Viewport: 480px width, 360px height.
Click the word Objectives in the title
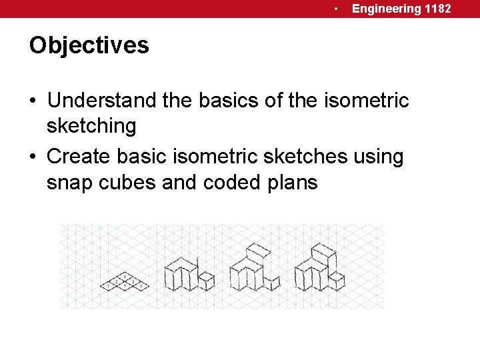(89, 45)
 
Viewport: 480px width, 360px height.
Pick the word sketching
(91, 125)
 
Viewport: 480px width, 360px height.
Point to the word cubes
(131, 181)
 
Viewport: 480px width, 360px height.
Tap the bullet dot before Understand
(33, 101)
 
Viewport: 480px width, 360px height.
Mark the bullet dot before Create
(33, 157)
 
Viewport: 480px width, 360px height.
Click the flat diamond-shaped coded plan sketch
(124, 282)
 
